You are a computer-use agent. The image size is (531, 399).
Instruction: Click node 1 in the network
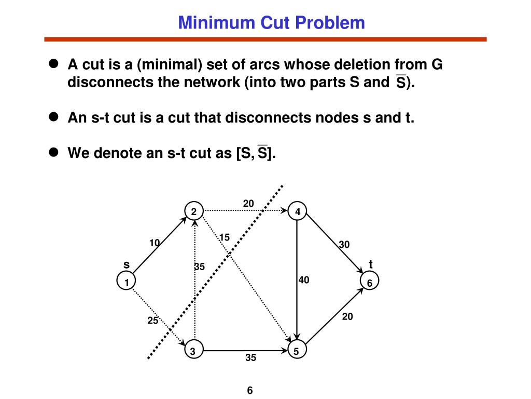point(126,282)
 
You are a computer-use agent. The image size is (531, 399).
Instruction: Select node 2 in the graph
point(193,211)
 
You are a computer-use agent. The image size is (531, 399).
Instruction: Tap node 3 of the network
point(193,352)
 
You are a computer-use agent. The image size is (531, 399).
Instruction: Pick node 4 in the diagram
point(297,211)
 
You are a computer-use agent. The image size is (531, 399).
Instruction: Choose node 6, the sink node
point(369,283)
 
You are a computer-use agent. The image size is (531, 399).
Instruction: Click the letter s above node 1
point(126,265)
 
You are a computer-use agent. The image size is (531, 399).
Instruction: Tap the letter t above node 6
point(371,264)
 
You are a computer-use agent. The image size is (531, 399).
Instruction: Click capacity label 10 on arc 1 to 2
point(155,243)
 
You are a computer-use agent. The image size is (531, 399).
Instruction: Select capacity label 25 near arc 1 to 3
point(152,321)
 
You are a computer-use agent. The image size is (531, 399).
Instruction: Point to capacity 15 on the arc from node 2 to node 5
point(224,237)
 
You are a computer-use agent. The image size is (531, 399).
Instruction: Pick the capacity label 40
point(304,281)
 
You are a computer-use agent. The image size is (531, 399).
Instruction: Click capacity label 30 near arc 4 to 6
point(344,244)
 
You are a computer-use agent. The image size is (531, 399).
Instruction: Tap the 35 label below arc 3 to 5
point(251,358)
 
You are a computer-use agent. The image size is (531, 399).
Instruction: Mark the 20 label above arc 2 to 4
point(248,203)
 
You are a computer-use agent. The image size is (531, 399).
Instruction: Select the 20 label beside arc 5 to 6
point(347,316)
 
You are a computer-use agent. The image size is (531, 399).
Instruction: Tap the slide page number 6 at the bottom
point(249,390)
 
